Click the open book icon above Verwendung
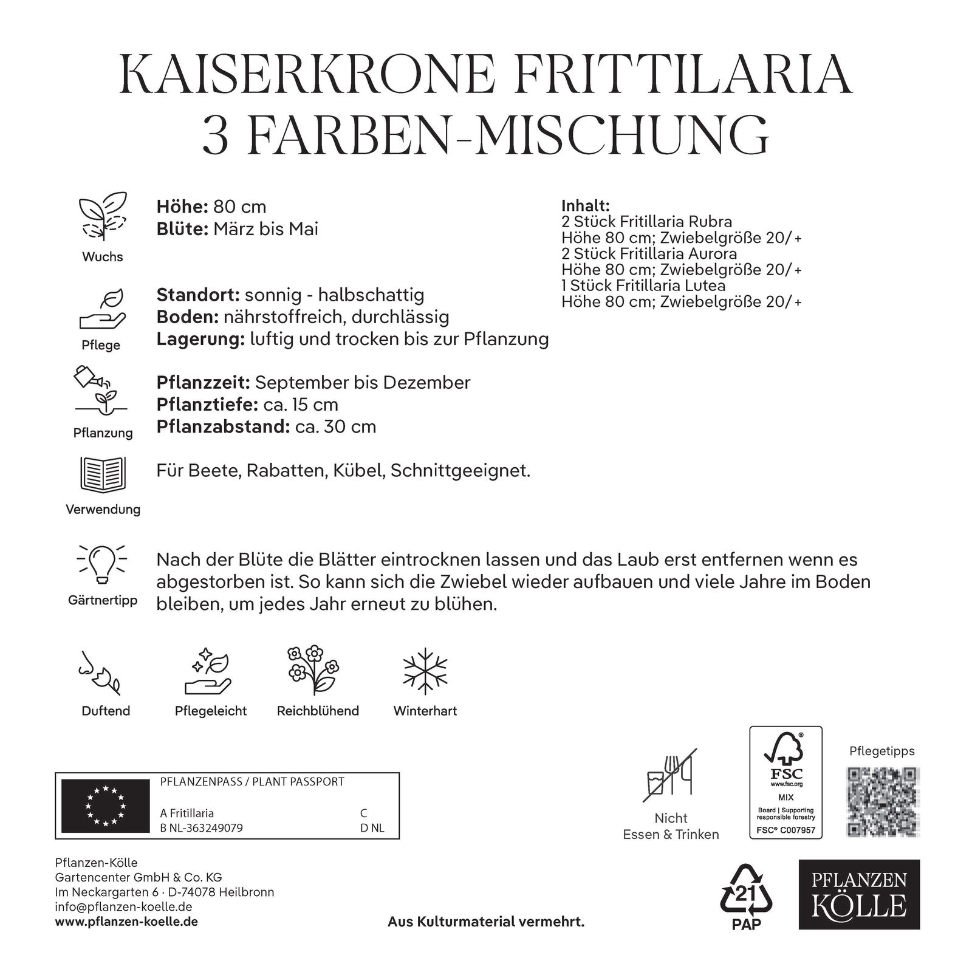tap(103, 474)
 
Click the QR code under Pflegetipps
tap(881, 801)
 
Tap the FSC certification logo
tap(785, 782)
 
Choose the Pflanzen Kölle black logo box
tap(858, 894)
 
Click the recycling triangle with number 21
tap(745, 895)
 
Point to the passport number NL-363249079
tap(207, 828)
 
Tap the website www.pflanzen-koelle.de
tap(126, 922)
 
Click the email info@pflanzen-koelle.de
tap(124, 907)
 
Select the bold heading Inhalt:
tap(585, 205)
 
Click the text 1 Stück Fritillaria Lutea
tap(643, 285)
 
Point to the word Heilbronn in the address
tap(246, 892)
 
